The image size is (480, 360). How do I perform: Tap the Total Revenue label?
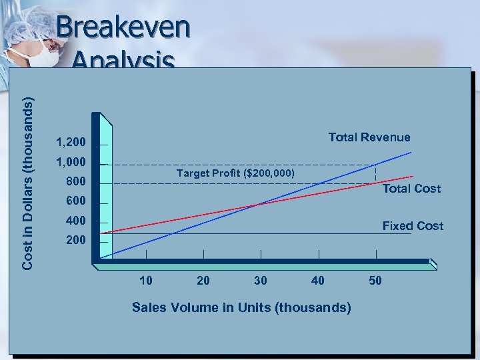tap(369, 137)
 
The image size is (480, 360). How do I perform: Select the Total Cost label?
tap(411, 189)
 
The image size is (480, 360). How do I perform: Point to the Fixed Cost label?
tap(412, 226)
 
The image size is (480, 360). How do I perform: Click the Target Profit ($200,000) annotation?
tap(235, 173)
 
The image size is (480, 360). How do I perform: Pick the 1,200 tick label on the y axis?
tap(71, 142)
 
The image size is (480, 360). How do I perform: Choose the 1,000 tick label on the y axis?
tap(71, 162)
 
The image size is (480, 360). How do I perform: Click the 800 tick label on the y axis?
tap(76, 181)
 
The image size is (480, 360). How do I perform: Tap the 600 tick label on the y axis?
tap(76, 201)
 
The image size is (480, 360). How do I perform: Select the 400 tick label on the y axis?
tap(76, 220)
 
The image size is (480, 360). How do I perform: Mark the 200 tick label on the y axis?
tap(76, 239)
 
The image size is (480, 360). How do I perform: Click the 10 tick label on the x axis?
tap(145, 281)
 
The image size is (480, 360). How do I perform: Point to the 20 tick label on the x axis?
tap(203, 281)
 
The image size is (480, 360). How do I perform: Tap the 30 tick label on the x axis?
tap(261, 281)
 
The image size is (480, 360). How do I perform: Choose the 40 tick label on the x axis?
tap(318, 281)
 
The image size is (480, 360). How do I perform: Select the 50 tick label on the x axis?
tap(375, 281)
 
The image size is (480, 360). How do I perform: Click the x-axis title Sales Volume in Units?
tap(241, 307)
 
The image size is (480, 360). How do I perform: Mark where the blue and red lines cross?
tap(255, 205)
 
